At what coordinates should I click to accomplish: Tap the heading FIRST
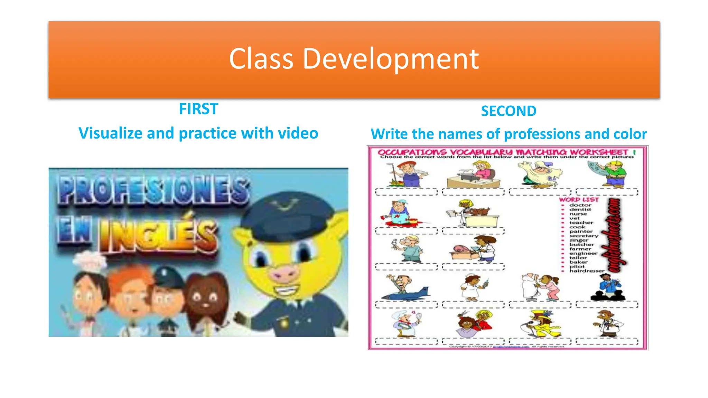pos(198,109)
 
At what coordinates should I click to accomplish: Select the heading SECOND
pos(509,111)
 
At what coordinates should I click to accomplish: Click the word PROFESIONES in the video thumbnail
pos(154,190)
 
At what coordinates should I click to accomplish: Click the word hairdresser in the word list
pos(587,271)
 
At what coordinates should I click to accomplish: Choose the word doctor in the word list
pos(580,205)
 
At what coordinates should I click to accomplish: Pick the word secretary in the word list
pos(584,236)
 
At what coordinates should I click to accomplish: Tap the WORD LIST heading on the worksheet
pos(579,199)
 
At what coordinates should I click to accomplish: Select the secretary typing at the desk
pos(474,174)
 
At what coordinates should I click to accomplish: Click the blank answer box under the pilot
pos(406,305)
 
